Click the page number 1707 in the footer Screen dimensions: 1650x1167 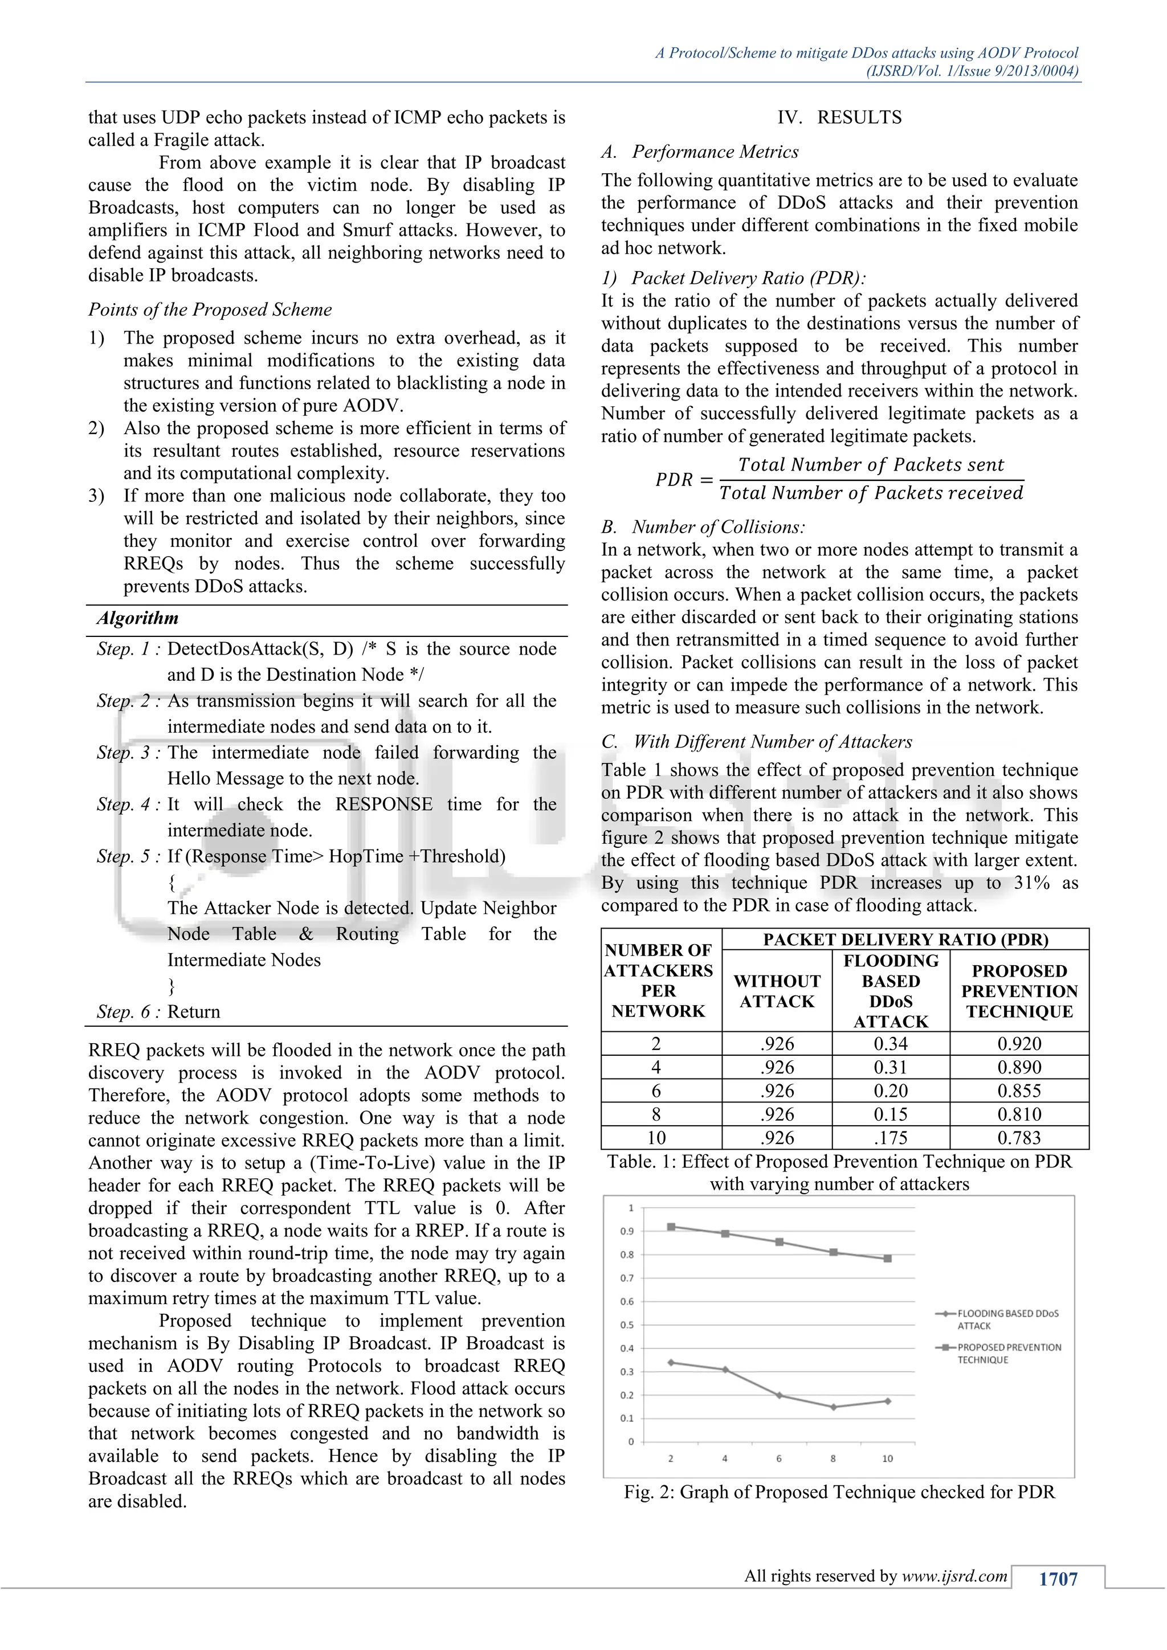[x=1058, y=1579]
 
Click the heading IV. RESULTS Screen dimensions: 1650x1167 [x=839, y=117]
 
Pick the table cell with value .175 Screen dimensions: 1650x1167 [x=890, y=1138]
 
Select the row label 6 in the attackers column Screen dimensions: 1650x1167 [x=656, y=1091]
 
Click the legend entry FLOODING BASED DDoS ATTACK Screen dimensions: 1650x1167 [x=1007, y=1320]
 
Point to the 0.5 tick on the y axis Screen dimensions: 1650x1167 [x=627, y=1325]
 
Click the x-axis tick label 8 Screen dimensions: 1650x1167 [x=833, y=1459]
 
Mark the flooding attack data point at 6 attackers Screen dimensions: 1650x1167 [x=779, y=1395]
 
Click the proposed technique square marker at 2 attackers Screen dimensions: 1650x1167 [x=671, y=1227]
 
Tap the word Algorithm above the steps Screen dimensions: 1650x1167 [x=137, y=618]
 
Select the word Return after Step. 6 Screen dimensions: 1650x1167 [x=193, y=1012]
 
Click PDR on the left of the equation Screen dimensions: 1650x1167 [x=674, y=479]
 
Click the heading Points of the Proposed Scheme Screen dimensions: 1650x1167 [x=210, y=310]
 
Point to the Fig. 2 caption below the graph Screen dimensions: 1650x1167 [x=839, y=1493]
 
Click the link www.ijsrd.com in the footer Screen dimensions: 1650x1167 [x=954, y=1576]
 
